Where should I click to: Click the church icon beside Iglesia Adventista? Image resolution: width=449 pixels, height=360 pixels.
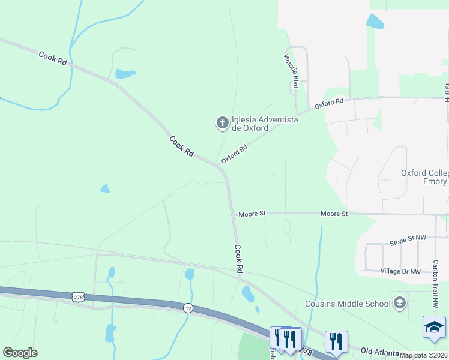point(222,123)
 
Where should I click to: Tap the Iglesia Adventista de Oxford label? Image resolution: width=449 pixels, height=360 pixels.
point(265,124)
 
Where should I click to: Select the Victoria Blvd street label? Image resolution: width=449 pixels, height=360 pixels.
point(291,70)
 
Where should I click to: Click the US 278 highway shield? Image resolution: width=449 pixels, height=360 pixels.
point(77,296)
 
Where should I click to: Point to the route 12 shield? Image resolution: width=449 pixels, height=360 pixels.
point(188,307)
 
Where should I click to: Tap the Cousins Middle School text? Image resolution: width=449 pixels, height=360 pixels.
point(348,304)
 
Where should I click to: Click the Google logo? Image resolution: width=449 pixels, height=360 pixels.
point(20,352)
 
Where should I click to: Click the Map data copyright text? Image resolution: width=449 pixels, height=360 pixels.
point(424,355)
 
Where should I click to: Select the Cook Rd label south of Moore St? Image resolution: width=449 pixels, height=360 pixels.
point(238,259)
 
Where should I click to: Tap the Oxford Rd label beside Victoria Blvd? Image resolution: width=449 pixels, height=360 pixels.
point(328,103)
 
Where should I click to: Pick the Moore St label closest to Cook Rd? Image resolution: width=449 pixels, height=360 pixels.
point(252,214)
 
